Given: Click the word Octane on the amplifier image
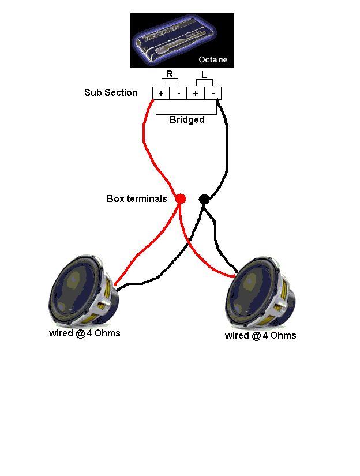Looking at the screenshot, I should click(x=213, y=59).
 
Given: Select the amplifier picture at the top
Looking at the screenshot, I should click(x=182, y=40).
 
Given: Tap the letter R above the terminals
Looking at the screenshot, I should click(x=170, y=74).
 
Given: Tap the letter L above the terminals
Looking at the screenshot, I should click(x=204, y=74).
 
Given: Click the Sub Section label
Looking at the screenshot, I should click(x=111, y=92).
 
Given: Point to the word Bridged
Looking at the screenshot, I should click(x=187, y=120).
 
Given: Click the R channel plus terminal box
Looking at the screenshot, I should click(x=161, y=93).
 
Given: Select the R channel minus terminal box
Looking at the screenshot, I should click(x=178, y=93).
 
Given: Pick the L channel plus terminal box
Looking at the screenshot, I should click(x=196, y=93).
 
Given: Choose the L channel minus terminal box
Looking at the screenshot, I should click(x=213, y=93).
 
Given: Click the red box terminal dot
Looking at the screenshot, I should click(x=181, y=198).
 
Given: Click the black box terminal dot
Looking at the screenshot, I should click(x=204, y=199).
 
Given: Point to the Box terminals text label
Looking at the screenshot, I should click(x=137, y=198).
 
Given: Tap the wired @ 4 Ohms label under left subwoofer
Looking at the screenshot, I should click(x=84, y=333).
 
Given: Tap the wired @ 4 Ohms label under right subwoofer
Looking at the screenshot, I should click(x=260, y=335).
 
